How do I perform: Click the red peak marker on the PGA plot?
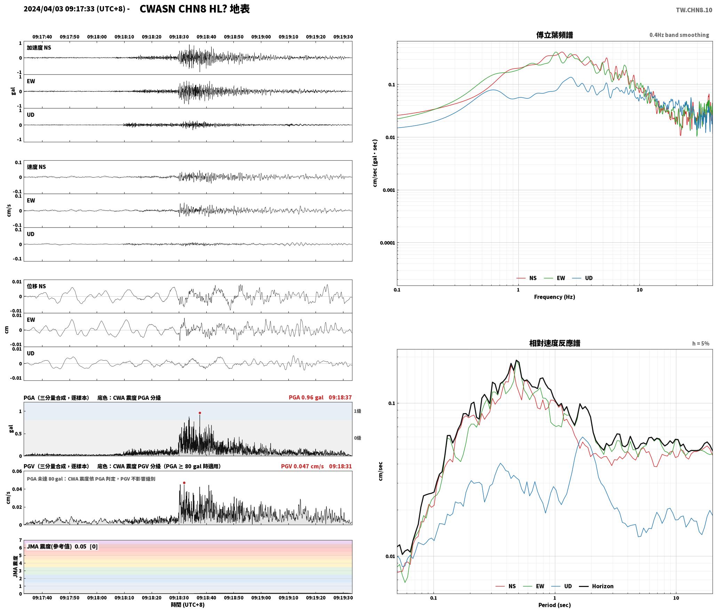pyautogui.click(x=200, y=413)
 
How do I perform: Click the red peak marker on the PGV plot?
pyautogui.click(x=184, y=483)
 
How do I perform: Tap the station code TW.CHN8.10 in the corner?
pyautogui.click(x=694, y=10)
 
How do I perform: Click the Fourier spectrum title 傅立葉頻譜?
pyautogui.click(x=555, y=35)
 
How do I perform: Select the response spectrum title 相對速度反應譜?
pyautogui.click(x=555, y=343)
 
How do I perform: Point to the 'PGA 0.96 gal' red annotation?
pyautogui.click(x=306, y=397)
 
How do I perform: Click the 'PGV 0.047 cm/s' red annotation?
pyautogui.click(x=302, y=466)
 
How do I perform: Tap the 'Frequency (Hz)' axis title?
pyautogui.click(x=555, y=297)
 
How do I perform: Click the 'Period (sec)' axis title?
pyautogui.click(x=555, y=605)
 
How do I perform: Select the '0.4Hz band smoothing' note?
pyautogui.click(x=679, y=35)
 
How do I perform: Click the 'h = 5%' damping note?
pyautogui.click(x=701, y=344)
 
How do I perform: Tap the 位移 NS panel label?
pyautogui.click(x=37, y=287)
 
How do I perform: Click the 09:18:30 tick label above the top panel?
pyautogui.click(x=179, y=37)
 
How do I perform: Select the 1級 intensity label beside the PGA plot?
pyautogui.click(x=358, y=411)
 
